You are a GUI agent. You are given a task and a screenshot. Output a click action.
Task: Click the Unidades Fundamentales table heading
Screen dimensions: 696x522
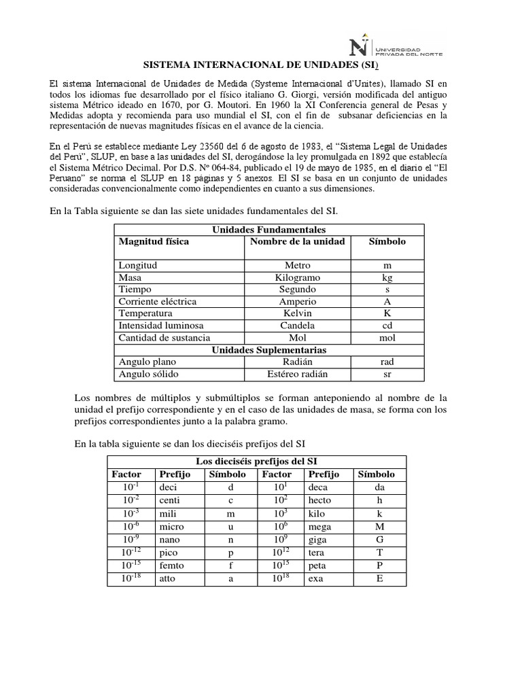pos(269,230)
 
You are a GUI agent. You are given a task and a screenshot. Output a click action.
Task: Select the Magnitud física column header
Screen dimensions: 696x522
pos(154,241)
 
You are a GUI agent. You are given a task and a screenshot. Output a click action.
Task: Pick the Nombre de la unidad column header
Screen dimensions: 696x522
pos(297,241)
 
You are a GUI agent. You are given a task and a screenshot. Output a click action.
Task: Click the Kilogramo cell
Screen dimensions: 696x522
pos(297,277)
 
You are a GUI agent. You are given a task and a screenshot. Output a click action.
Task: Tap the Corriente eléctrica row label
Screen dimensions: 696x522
pos(157,301)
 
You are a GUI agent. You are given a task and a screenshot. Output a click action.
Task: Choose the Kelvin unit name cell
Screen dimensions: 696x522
pos(297,313)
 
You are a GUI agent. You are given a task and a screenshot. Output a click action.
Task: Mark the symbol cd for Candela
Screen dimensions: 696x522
pos(387,326)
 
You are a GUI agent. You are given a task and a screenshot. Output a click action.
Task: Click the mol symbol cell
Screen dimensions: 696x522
pos(387,338)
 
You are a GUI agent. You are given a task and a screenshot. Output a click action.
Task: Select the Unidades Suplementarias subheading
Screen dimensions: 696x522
pos(269,349)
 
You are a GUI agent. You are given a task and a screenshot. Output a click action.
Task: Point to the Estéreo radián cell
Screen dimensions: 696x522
pos(297,374)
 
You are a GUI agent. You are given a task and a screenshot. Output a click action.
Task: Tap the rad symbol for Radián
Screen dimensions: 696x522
pos(387,362)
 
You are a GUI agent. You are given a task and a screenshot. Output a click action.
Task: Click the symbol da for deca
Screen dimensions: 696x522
pos(379,487)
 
